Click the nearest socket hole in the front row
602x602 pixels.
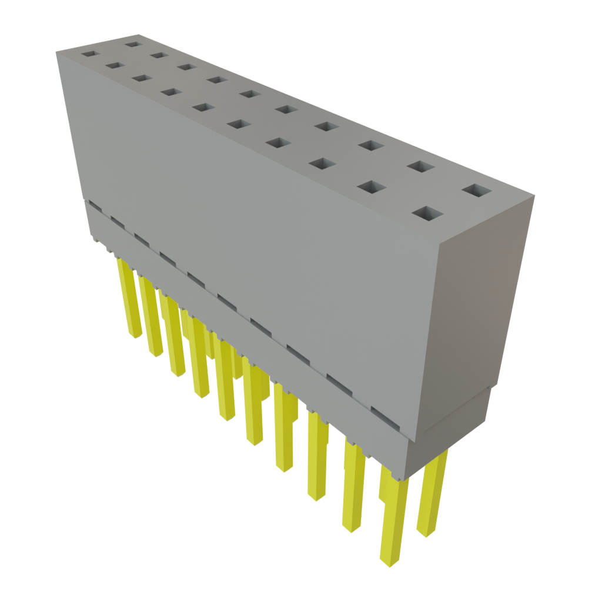click(x=427, y=213)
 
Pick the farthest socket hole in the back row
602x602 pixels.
click(x=133, y=44)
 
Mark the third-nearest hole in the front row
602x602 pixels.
click(x=320, y=164)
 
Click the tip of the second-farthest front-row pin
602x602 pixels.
click(x=155, y=353)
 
